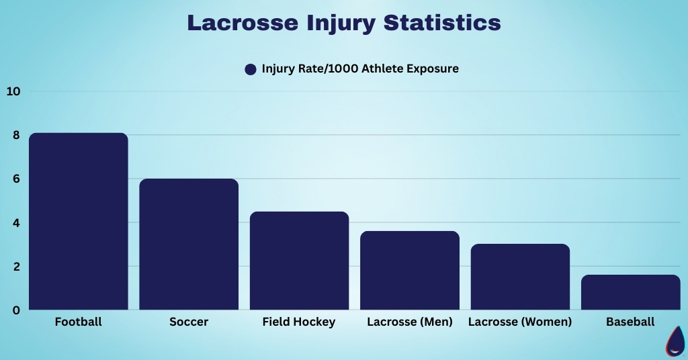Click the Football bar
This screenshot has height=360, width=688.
click(x=78, y=222)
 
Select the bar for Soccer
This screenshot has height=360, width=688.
click(x=189, y=244)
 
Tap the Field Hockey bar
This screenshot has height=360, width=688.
click(x=299, y=261)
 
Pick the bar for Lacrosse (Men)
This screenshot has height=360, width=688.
click(x=410, y=271)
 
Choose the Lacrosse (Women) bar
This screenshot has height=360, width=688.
click(x=520, y=277)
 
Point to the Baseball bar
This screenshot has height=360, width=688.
click(x=630, y=292)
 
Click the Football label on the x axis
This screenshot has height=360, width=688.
click(x=78, y=322)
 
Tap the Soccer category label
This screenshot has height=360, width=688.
click(x=189, y=322)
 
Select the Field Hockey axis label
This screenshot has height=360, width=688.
click(x=299, y=322)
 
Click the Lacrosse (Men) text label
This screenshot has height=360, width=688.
click(x=410, y=322)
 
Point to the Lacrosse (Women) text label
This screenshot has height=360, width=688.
click(x=520, y=322)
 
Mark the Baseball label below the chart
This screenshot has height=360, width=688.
click(x=630, y=322)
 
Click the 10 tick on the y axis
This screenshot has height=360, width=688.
click(x=13, y=91)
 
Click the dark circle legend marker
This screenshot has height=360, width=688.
click(x=251, y=69)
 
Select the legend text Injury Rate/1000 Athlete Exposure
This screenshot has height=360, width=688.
click(x=360, y=69)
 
